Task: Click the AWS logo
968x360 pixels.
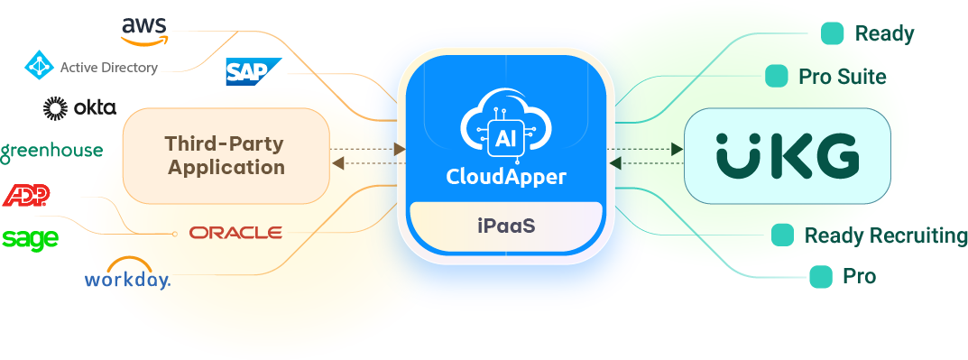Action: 144,29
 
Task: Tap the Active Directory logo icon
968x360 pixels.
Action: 39,66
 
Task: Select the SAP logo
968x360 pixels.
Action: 254,71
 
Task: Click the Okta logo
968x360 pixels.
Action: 79,108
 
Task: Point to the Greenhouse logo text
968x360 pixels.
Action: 51,152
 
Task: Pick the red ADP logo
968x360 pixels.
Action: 26,195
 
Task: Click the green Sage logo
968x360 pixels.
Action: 30,238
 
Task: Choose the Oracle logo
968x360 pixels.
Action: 235,233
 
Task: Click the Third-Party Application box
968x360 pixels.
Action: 226,155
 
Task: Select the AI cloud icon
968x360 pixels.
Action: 505,133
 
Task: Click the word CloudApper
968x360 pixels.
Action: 505,177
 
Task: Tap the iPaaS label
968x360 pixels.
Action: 505,225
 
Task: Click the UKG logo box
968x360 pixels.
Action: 787,155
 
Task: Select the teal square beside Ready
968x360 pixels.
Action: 833,33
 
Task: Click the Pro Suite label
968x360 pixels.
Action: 842,77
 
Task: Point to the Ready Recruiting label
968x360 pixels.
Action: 886,235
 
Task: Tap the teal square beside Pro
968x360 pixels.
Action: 821,276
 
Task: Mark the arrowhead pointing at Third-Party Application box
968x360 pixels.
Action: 338,162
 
